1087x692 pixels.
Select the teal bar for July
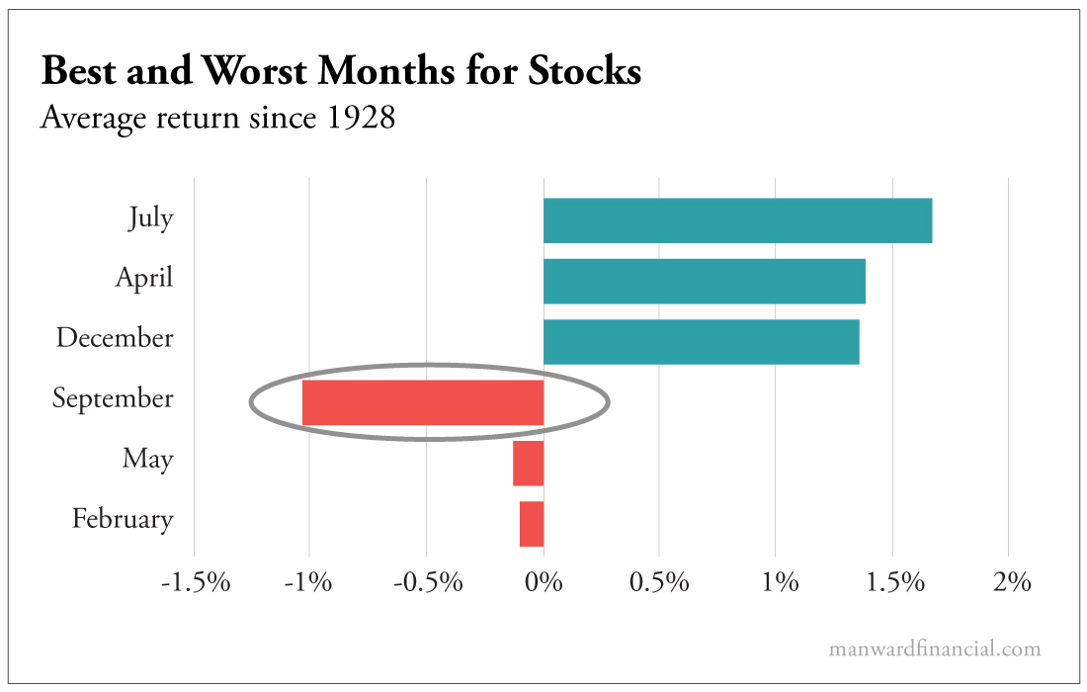[737, 220]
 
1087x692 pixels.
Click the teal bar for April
[704, 281]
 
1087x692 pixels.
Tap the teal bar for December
[701, 342]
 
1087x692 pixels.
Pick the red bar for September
[423, 402]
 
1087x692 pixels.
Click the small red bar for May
[529, 464]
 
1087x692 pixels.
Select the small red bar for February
[532, 524]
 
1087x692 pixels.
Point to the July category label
[150, 217]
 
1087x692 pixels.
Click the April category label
[144, 278]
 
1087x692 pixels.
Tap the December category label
[115, 338]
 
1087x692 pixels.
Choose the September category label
[113, 399]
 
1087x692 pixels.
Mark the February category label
[123, 519]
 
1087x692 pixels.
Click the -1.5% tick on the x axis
[195, 582]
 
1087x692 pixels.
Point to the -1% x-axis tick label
[311, 582]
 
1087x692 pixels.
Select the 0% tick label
[543, 582]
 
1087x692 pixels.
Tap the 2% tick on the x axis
[1009, 582]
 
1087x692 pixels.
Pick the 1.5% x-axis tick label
[892, 582]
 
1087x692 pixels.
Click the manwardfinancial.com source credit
[935, 649]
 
